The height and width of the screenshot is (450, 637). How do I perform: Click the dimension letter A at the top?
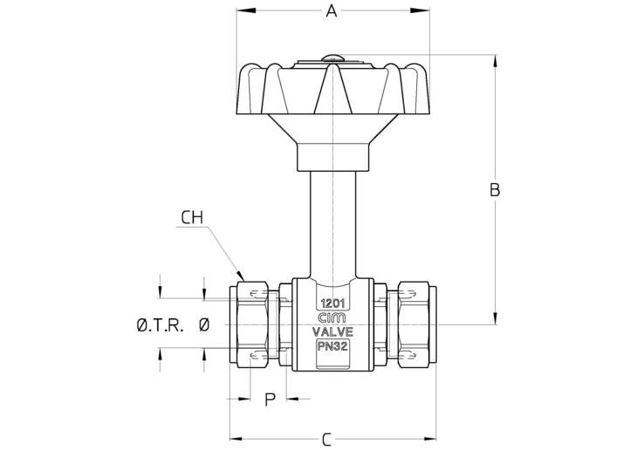point(331,11)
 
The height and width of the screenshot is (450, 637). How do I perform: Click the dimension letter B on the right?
point(494,190)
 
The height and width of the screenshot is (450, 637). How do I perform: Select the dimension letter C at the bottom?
point(325,440)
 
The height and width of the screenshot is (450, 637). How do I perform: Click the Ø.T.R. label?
point(160,325)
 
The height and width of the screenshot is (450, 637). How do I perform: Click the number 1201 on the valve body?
point(332,303)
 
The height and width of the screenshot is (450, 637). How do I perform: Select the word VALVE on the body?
point(332,332)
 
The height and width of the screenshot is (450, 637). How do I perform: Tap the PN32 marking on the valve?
point(332,346)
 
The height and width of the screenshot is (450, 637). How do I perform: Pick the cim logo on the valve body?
point(332,317)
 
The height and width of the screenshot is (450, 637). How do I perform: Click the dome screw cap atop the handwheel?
point(332,59)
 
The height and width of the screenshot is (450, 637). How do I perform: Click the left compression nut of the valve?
point(253,324)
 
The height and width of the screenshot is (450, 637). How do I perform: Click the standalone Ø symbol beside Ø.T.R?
point(203,325)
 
